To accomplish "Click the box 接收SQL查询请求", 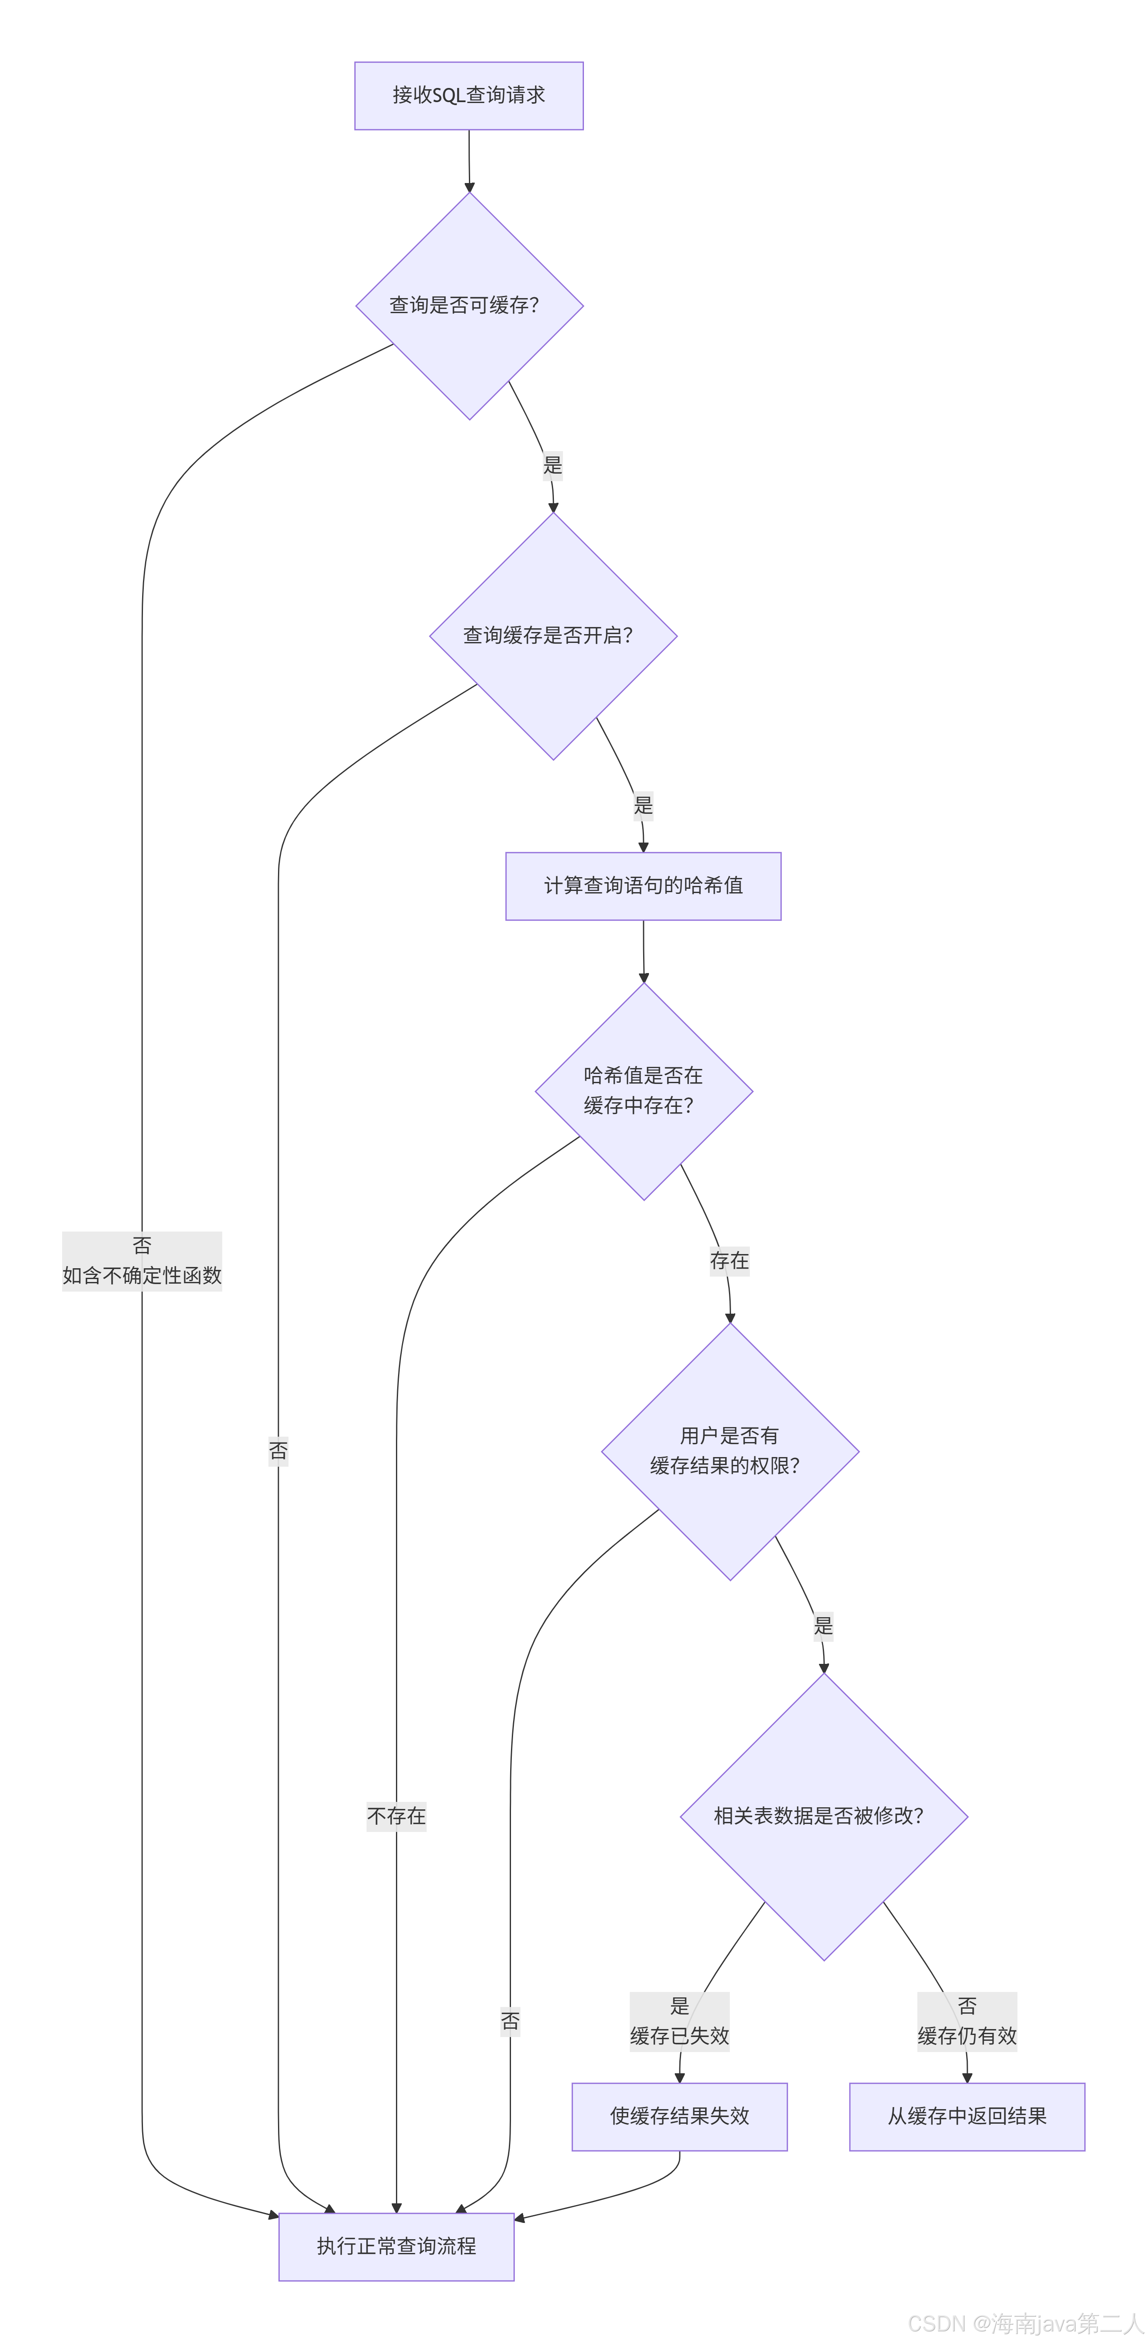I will (468, 95).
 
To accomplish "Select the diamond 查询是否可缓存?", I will (468, 306).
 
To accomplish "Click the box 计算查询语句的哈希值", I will (643, 886).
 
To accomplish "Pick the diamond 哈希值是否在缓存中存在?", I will (643, 1091).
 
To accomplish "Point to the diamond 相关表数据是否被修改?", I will (823, 1816).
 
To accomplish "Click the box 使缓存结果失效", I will (679, 2117).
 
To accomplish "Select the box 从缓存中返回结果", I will (966, 2117).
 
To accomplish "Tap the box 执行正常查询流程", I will (396, 2247).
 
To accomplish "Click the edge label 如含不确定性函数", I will (142, 1275).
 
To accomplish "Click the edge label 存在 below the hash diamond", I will (729, 1261).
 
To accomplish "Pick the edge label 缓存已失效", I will (679, 2036).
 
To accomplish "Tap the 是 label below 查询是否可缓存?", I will (552, 465).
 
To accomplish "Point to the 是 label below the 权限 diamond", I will (822, 1626).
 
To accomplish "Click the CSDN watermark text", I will (1025, 2324).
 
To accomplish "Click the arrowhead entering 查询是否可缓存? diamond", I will (469, 187).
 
